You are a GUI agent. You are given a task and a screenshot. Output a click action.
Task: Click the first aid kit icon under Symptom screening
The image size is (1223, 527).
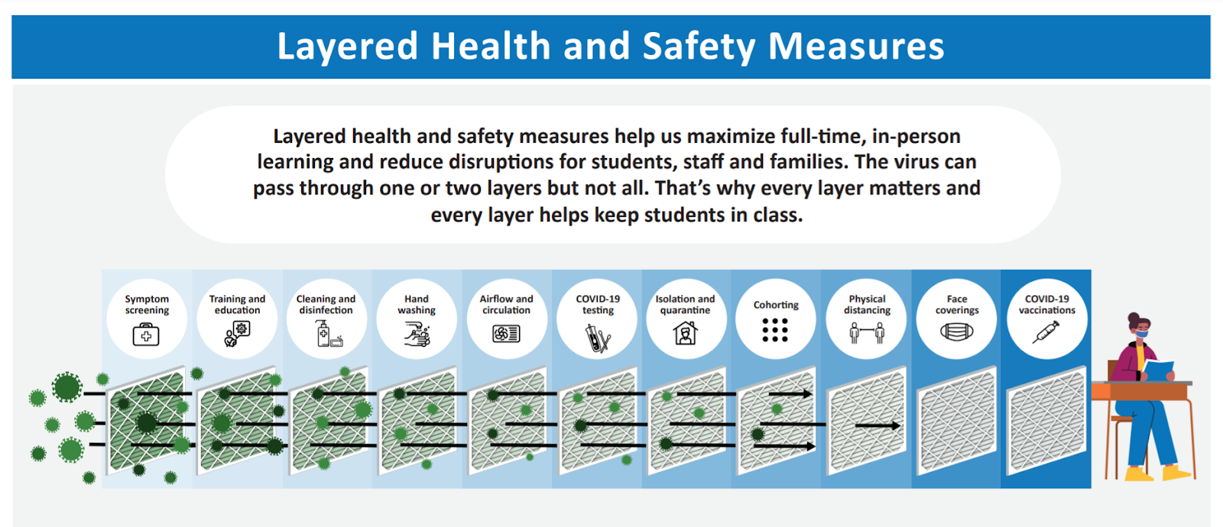pyautogui.click(x=146, y=335)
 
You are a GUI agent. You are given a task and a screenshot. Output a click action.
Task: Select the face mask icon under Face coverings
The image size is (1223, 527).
pyautogui.click(x=956, y=331)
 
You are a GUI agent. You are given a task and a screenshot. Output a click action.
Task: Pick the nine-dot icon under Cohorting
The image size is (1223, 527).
pyautogui.click(x=775, y=330)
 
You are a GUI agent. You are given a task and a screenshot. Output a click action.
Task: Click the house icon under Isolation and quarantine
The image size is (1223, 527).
pyautogui.click(x=685, y=333)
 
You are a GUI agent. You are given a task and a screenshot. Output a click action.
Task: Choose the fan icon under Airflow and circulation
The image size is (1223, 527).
pyautogui.click(x=506, y=333)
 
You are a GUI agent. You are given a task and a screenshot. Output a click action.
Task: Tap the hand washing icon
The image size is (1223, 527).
pyautogui.click(x=417, y=334)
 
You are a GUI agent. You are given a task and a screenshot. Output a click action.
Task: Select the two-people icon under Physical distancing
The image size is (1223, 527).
pyautogui.click(x=867, y=332)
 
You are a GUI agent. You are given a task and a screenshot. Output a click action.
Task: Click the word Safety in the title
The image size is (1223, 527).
pyautogui.click(x=699, y=47)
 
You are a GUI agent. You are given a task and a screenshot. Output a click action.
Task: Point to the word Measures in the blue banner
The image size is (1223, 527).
pyautogui.click(x=856, y=47)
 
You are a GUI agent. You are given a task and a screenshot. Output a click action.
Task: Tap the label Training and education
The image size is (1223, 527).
pyautogui.click(x=237, y=305)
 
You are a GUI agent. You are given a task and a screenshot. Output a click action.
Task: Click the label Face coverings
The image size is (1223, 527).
pyautogui.click(x=956, y=305)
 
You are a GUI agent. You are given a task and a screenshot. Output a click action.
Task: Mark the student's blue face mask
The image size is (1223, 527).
pyautogui.click(x=1142, y=332)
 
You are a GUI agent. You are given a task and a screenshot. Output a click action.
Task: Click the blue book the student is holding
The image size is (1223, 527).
pyautogui.click(x=1157, y=370)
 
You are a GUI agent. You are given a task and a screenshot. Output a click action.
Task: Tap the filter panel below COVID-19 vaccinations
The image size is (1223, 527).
pyautogui.click(x=1046, y=420)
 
